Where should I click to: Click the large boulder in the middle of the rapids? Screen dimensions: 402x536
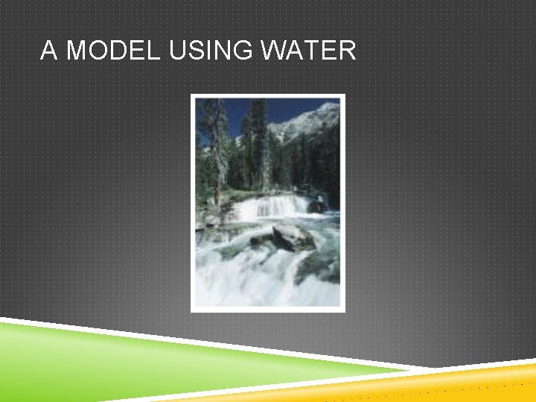click(x=292, y=237)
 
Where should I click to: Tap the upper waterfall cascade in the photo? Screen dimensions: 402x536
click(x=269, y=206)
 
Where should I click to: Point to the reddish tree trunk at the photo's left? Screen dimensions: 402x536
click(x=217, y=186)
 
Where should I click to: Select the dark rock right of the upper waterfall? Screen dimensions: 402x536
click(x=318, y=206)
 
